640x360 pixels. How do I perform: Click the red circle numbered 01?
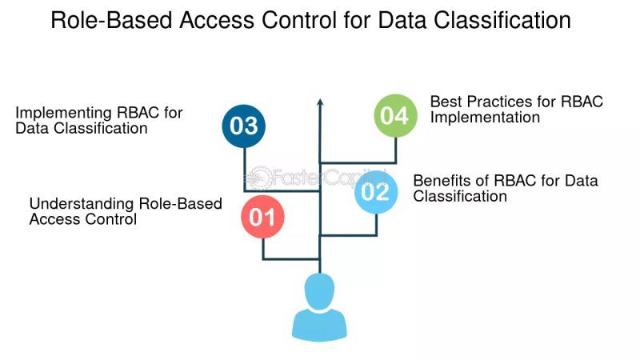(x=263, y=218)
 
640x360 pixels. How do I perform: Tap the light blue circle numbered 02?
(x=376, y=192)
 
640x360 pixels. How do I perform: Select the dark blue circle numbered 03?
(x=244, y=126)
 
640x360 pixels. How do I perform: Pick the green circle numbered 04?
(x=395, y=116)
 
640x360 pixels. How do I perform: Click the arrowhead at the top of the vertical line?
(x=320, y=103)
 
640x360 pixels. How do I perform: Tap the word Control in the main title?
(x=301, y=21)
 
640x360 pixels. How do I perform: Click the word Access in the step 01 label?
(x=54, y=219)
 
